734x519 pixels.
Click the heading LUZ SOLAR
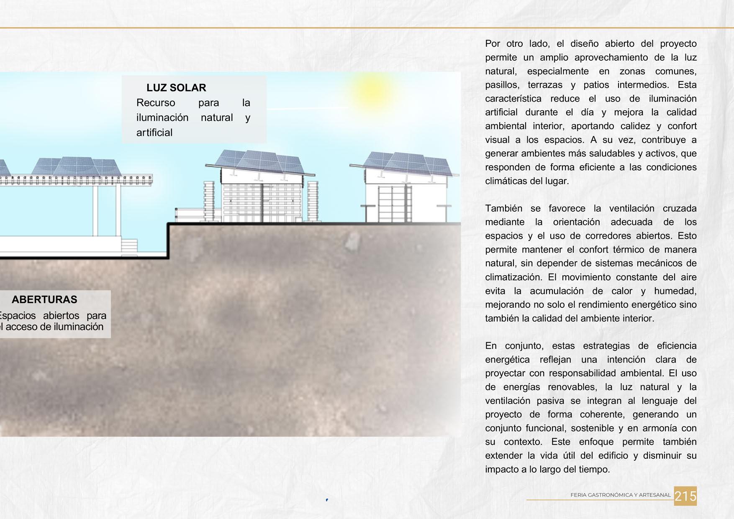click(176, 88)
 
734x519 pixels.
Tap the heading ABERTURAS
click(44, 299)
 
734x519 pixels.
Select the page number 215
click(685, 496)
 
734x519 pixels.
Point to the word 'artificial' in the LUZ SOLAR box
click(154, 133)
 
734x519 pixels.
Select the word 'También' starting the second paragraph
click(503, 208)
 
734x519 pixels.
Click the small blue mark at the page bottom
click(327, 500)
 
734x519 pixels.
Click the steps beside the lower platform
click(129, 246)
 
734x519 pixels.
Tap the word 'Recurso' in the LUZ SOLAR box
click(156, 103)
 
